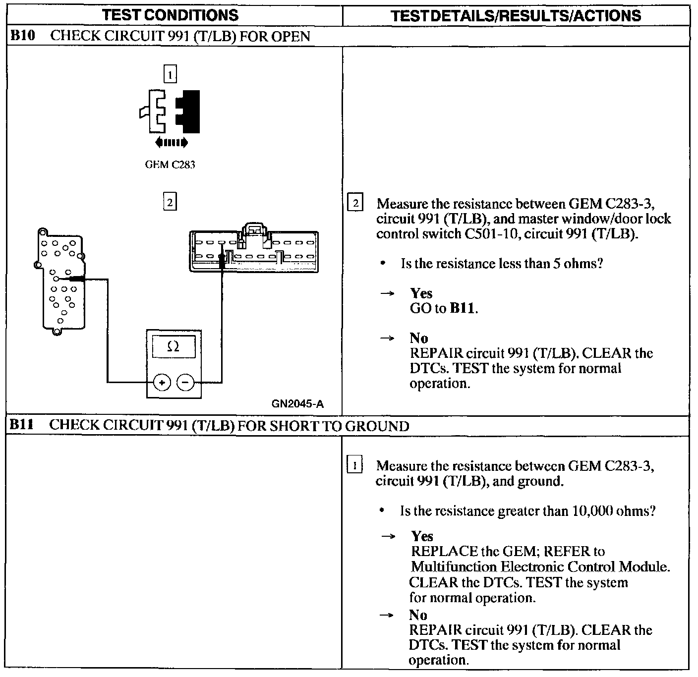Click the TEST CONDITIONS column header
[x=170, y=15]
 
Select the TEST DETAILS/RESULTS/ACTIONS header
[x=516, y=16]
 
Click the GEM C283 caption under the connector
[x=170, y=165]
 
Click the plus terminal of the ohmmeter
[x=162, y=382]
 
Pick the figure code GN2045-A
[x=297, y=404]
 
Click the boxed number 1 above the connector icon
[x=170, y=75]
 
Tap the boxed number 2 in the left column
[x=170, y=202]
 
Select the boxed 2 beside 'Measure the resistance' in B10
[x=356, y=204]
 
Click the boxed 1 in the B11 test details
[x=355, y=466]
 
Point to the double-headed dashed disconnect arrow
[x=172, y=143]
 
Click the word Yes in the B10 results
[x=421, y=293]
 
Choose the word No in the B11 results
[x=418, y=615]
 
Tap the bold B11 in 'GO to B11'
[x=463, y=309]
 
